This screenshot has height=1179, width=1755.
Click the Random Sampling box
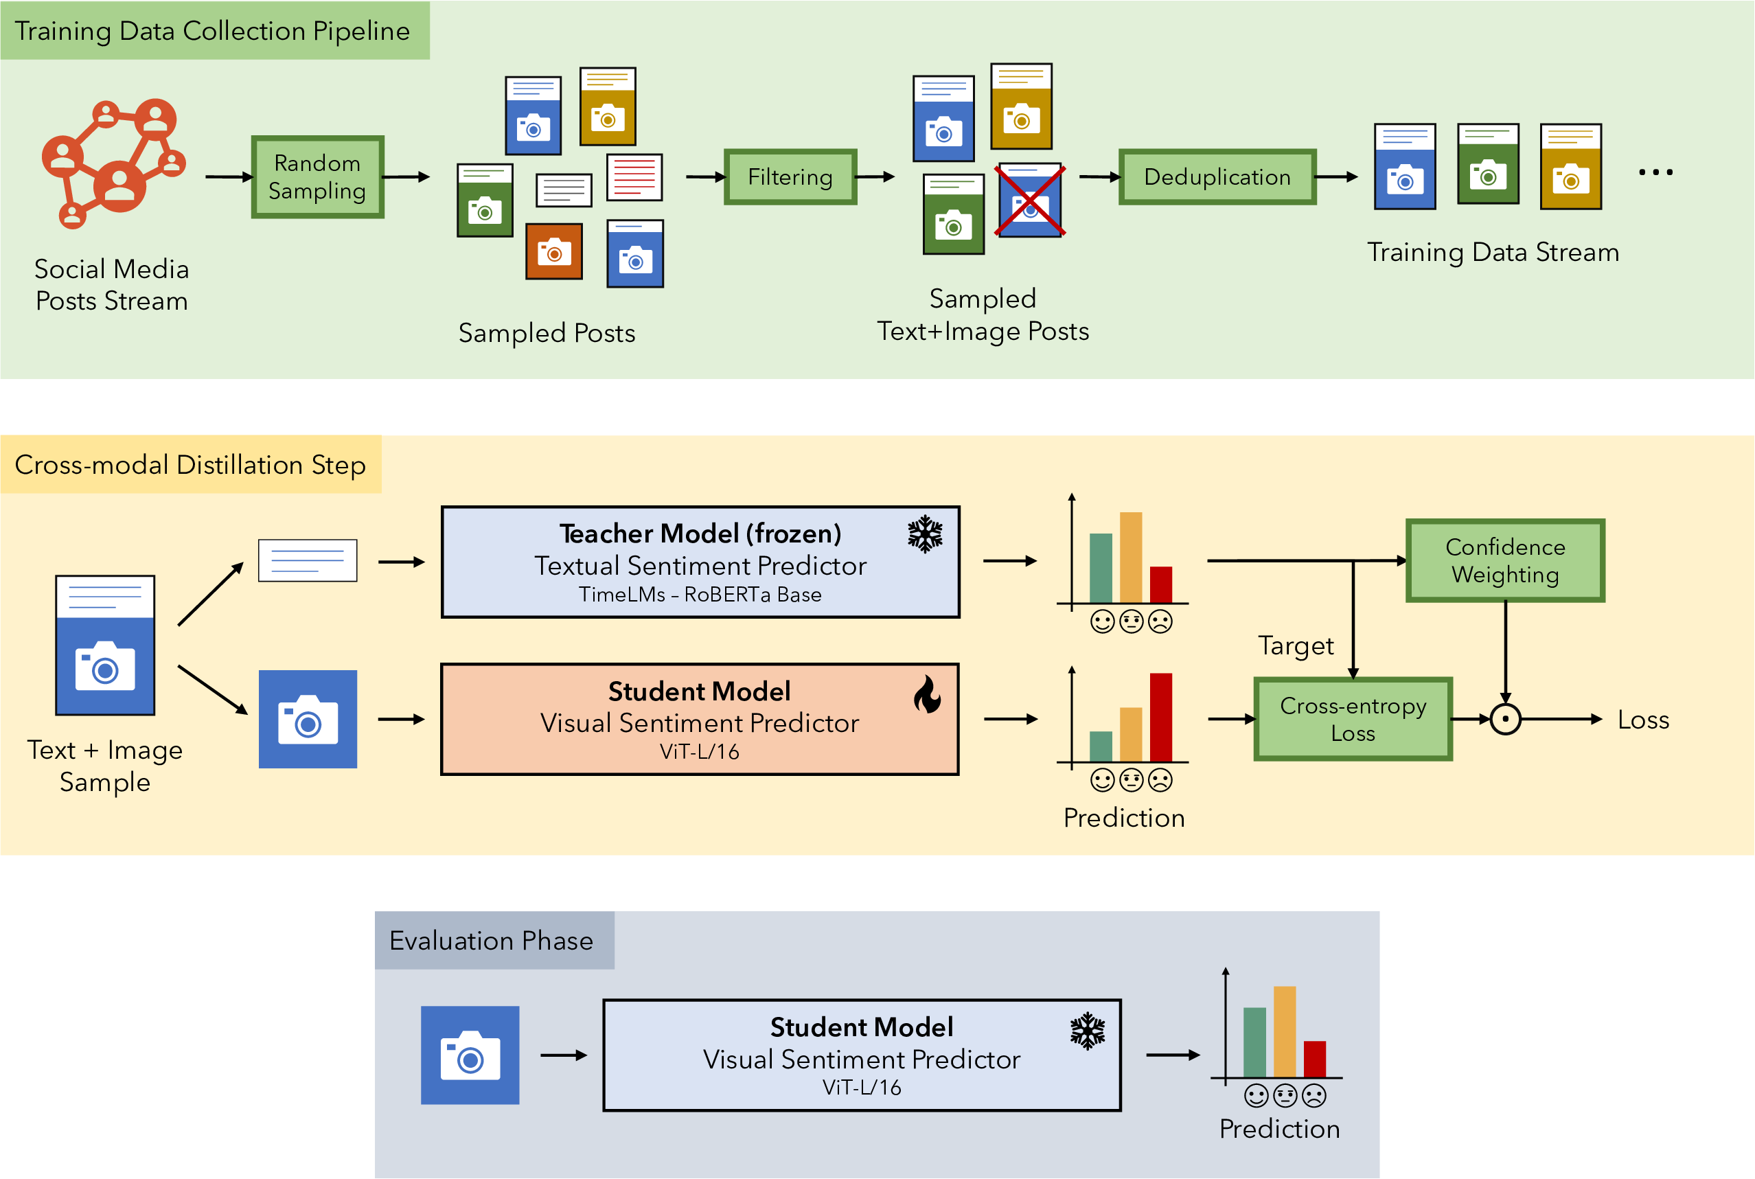point(317,176)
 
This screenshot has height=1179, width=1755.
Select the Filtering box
point(790,176)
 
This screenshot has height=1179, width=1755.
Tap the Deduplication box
point(1217,176)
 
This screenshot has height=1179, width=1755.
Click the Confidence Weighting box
point(1504,560)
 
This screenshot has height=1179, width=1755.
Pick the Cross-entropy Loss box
point(1353,719)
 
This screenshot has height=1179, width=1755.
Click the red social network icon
point(113,161)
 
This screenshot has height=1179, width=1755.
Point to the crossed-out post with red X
point(1030,201)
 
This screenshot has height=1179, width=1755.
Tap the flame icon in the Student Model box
point(927,694)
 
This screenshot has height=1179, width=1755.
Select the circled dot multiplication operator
point(1505,720)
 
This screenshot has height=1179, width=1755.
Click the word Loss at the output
point(1643,720)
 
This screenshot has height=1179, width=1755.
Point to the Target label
point(1296,646)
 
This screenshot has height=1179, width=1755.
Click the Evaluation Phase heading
point(491,941)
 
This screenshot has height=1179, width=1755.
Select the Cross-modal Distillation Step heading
point(190,465)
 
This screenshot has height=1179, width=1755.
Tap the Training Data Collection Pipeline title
point(213,31)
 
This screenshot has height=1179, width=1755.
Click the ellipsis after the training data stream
point(1655,172)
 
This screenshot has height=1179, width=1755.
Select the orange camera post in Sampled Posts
point(554,252)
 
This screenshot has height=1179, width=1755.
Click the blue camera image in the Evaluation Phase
point(470,1055)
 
